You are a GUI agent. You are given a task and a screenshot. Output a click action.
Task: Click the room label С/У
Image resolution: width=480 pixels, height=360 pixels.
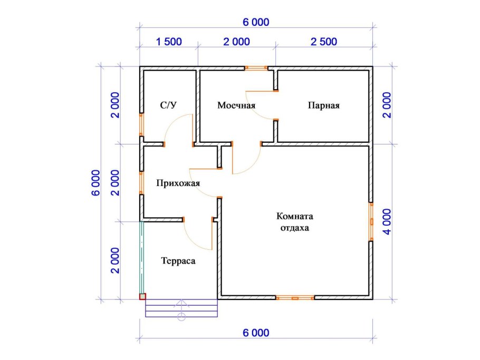tap(168, 105)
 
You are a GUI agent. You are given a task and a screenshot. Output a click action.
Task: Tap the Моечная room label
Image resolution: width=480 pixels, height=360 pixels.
tap(236, 105)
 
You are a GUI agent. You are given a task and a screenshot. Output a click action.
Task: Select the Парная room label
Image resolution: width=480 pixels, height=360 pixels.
tap(323, 105)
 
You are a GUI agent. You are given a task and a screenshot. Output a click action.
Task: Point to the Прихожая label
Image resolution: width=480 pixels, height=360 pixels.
tap(178, 183)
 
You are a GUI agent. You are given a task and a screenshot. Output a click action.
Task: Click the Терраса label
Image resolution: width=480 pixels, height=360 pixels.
tap(178, 261)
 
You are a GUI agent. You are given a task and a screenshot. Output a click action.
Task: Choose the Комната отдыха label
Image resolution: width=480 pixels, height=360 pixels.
tap(295, 222)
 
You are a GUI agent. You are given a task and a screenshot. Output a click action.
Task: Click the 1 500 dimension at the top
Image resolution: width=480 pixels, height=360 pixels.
tap(169, 42)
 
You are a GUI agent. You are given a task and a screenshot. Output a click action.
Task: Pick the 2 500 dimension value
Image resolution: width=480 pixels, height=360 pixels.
tap(324, 42)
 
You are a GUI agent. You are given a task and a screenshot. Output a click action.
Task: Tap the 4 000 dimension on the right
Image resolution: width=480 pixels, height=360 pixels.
tap(387, 222)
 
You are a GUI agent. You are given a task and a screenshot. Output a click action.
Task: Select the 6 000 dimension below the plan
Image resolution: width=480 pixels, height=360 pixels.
tap(256, 333)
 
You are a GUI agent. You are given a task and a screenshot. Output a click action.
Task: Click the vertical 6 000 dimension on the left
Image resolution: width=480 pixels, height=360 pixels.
tap(96, 183)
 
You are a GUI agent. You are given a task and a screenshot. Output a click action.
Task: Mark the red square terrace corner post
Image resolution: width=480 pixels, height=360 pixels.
tap(142, 296)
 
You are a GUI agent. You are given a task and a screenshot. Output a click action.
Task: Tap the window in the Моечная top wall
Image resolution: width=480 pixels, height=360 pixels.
tap(256, 68)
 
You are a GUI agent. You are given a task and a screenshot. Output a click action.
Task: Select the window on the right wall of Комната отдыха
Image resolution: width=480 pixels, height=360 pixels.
tap(371, 222)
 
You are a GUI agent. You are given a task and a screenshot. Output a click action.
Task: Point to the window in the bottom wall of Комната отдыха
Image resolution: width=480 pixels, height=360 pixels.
tap(295, 298)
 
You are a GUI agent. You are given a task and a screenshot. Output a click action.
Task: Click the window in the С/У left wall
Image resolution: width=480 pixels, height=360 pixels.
tap(141, 124)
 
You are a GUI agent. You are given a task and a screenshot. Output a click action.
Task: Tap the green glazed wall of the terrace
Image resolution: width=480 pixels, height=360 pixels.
tap(142, 258)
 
